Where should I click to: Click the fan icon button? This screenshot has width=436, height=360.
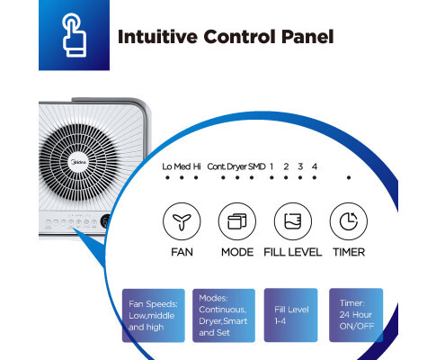coord(182,221)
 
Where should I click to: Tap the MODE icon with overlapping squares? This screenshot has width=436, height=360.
coord(237,221)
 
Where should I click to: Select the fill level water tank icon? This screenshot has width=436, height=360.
coord(293,221)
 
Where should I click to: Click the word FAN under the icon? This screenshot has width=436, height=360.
coord(182,252)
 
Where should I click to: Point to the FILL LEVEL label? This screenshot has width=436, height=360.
coord(293,252)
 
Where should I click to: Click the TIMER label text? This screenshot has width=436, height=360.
coord(349,252)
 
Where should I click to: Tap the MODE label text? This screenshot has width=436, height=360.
coord(237,252)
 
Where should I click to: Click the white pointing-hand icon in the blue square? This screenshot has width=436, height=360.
coord(75,36)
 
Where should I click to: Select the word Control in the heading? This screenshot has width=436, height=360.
coord(240,37)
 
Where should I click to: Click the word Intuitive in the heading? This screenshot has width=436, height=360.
coord(157,37)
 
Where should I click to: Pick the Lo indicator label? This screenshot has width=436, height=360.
coord(167,166)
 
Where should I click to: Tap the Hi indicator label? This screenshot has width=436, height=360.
coord(197,166)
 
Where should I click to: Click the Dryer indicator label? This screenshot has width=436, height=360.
coord(237,166)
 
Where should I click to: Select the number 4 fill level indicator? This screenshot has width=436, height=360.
coord(315,166)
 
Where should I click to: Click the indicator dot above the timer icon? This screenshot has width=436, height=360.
coord(349,177)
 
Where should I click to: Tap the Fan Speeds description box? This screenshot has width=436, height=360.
coord(154,315)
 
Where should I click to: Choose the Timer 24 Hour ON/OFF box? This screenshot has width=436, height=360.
coord(356,315)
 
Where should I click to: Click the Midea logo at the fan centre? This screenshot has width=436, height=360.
coord(78,162)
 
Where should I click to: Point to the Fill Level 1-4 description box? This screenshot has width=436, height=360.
coord(290,315)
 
